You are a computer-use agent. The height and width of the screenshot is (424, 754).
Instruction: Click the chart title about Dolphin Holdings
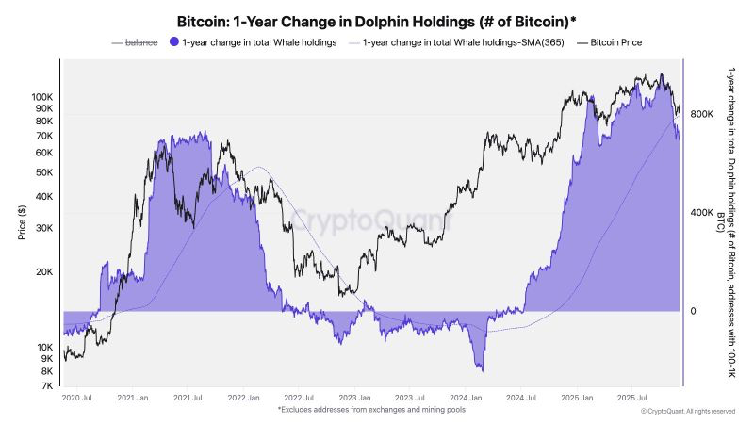[377, 20]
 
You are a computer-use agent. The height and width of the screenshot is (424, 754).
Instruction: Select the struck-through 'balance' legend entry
[137, 43]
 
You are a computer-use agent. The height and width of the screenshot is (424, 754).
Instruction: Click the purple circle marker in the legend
[173, 43]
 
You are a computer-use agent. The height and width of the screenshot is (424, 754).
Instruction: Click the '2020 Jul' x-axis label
[76, 399]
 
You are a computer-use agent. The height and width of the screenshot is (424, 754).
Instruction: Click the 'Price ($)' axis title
[22, 222]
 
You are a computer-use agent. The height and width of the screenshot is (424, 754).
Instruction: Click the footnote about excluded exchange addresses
[370, 410]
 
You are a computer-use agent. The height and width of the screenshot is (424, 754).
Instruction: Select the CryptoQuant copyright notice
[687, 412]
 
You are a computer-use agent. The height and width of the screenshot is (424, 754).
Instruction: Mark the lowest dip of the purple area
[481, 369]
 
